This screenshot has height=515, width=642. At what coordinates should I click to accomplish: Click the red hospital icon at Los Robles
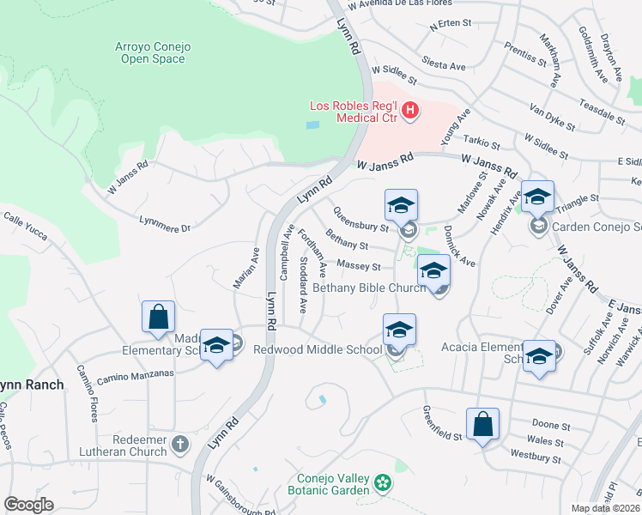[410, 111]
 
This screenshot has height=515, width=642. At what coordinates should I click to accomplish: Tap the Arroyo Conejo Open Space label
[150, 52]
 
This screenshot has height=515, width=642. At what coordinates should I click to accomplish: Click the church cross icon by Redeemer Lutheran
[179, 445]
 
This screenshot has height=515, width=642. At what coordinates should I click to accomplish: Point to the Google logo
[28, 504]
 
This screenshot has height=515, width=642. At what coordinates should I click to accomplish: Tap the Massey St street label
[358, 266]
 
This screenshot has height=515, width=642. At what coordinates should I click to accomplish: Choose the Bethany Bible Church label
[368, 288]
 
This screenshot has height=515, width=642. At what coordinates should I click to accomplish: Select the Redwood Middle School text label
[318, 349]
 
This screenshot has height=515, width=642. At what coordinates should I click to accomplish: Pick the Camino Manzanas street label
[135, 375]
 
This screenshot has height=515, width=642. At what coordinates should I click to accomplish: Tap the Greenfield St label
[443, 423]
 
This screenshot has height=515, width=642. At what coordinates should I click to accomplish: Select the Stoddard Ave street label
[302, 284]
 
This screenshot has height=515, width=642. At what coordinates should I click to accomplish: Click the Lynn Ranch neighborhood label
[32, 385]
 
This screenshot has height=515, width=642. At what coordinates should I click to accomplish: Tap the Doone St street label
[551, 426]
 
